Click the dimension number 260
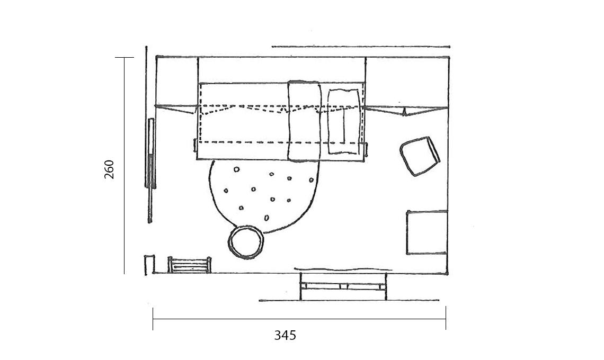pyautogui.click(x=109, y=169)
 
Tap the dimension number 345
pyautogui.click(x=285, y=335)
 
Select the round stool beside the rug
pyautogui.click(x=246, y=242)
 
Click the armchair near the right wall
pyautogui.click(x=420, y=156)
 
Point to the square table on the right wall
pyautogui.click(x=427, y=232)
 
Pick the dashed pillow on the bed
pyautogui.click(x=344, y=121)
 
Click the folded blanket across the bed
pyautogui.click(x=304, y=121)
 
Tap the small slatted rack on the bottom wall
pyautogui.click(x=190, y=265)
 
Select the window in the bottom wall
pyautogui.click(x=343, y=286)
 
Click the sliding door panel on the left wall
pyautogui.click(x=150, y=153)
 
